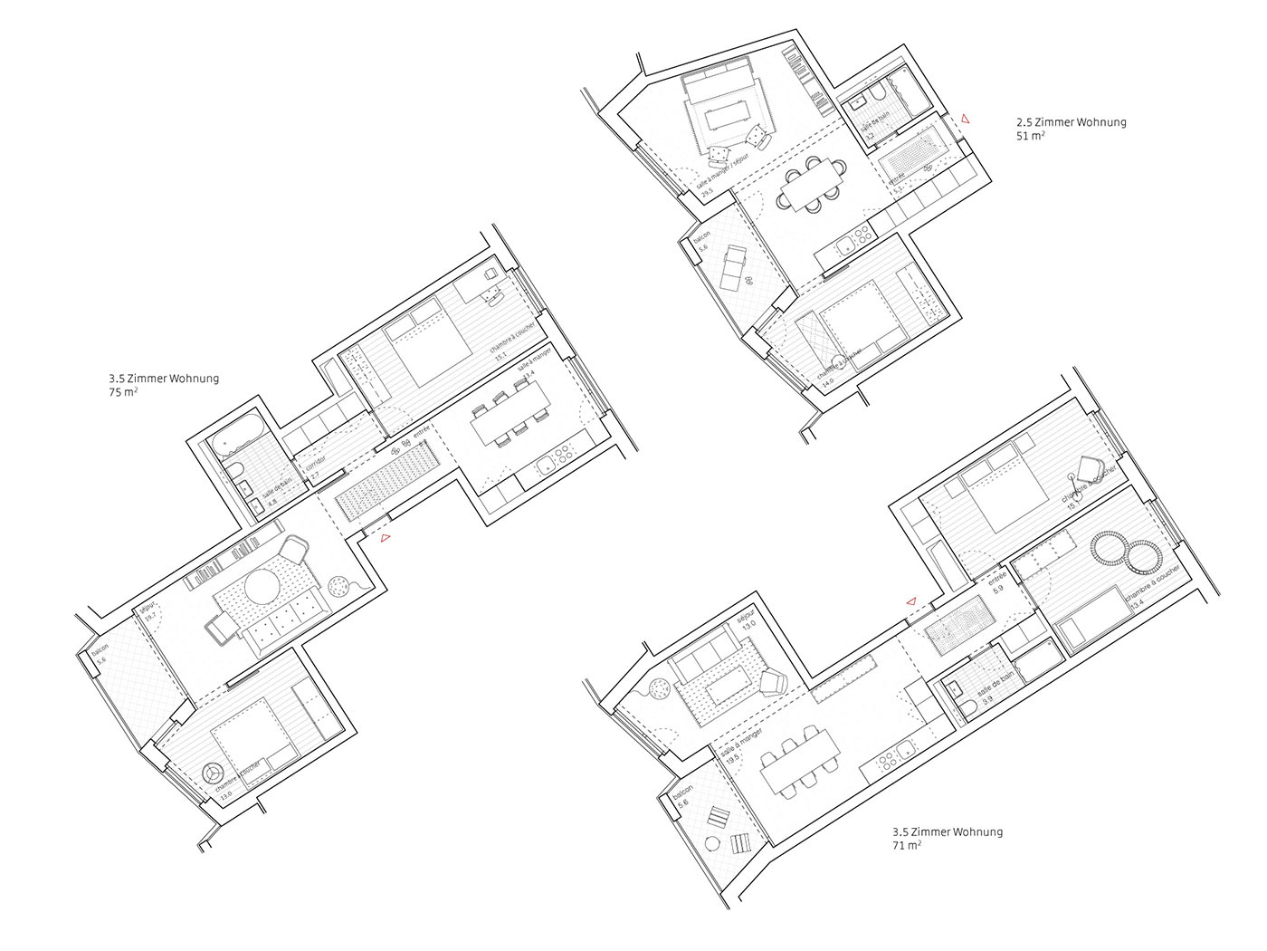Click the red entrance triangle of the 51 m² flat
pyautogui.click(x=966, y=119)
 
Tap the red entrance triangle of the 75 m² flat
pyautogui.click(x=386, y=539)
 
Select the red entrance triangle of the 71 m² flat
pyautogui.click(x=911, y=601)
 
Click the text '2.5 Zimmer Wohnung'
pyautogui.click(x=1072, y=122)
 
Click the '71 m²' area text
pyautogui.click(x=906, y=845)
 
